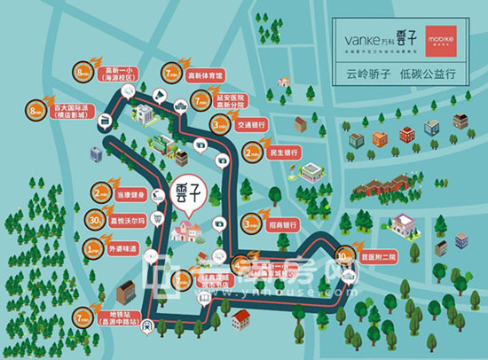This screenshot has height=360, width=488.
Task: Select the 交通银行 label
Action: click(x=254, y=124)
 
